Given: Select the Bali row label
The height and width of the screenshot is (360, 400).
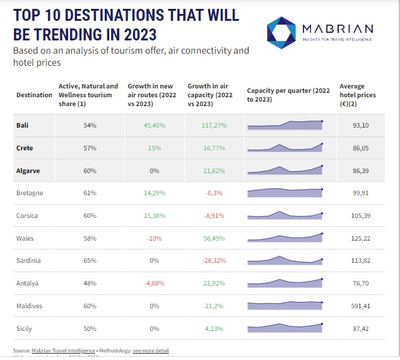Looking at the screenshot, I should (22, 125).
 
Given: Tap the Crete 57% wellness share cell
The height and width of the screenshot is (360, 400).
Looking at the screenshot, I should (90, 148).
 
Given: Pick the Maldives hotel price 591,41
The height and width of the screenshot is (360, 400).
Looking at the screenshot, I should (361, 306).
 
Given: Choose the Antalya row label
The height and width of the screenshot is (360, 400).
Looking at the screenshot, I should (27, 283).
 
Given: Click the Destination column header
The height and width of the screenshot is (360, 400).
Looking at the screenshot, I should (34, 95).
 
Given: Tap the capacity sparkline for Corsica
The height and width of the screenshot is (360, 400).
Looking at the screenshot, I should (285, 215).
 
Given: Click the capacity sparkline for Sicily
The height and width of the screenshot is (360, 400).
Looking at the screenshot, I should (285, 327).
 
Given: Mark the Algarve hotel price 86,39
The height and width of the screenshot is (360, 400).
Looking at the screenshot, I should (361, 171).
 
